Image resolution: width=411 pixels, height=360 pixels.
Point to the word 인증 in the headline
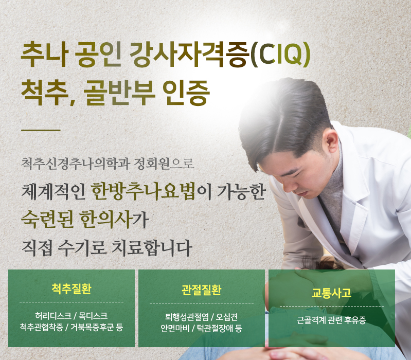pos(186,93)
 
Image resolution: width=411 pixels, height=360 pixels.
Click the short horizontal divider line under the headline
pos(41,130)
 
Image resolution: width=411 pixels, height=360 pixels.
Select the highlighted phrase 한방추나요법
pos(143,191)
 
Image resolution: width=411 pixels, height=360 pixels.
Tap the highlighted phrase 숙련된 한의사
pos(76,219)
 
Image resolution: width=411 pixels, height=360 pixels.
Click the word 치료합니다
pos(152,247)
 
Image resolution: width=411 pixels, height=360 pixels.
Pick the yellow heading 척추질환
pos(72,289)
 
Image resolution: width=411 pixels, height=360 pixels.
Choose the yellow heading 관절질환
pos(201,290)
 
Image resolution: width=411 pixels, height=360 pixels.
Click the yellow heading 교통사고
pos(331,293)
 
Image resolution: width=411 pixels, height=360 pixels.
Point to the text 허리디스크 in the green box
pos(53,316)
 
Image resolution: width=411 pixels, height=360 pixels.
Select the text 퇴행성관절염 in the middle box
pos(187,317)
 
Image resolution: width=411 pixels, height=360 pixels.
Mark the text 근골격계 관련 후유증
pos(331,320)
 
